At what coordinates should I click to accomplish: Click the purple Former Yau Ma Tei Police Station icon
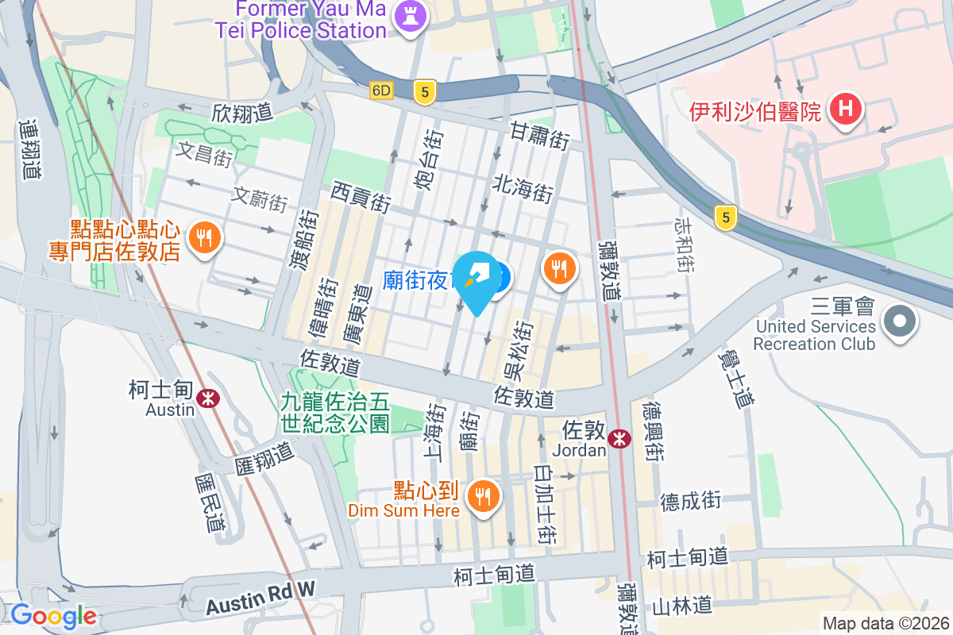[x=411, y=14]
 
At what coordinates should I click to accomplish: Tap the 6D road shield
[x=381, y=90]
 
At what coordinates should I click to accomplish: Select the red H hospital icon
[x=845, y=110]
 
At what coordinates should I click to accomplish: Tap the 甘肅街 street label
[x=540, y=136]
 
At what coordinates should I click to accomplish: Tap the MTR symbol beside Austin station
[x=209, y=398]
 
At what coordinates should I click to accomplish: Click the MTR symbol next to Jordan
[x=619, y=438]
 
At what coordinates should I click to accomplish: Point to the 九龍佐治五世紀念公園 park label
[x=335, y=413]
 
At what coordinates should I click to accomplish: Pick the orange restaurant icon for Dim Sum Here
[x=482, y=497]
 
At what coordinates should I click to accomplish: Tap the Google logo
[x=53, y=616]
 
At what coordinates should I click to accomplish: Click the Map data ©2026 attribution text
[x=885, y=623]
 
